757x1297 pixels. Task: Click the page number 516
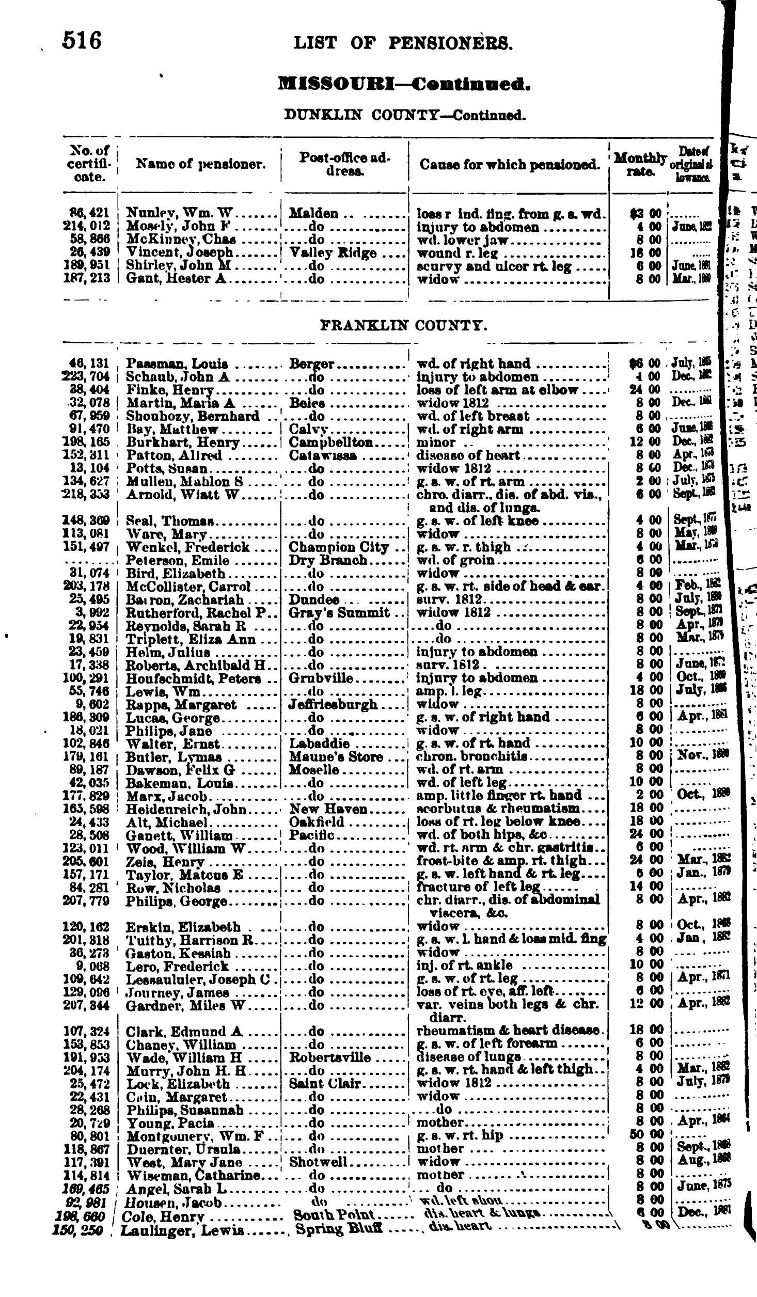click(82, 41)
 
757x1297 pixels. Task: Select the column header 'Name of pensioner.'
click(201, 165)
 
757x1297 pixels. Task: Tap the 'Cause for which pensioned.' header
click(510, 165)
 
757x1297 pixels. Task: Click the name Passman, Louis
click(177, 364)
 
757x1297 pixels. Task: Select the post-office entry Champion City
click(338, 547)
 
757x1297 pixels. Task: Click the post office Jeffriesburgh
click(333, 704)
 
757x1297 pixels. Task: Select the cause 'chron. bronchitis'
click(472, 757)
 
